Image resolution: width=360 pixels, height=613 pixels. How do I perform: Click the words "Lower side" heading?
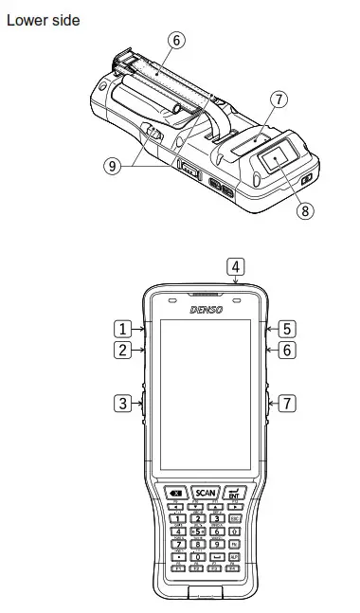pyautogui.click(x=43, y=18)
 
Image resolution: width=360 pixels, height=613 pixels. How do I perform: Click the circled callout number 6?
pyautogui.click(x=176, y=40)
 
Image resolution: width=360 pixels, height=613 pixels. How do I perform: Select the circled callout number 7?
pyautogui.click(x=278, y=99)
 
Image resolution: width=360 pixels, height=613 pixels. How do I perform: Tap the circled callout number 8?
pyautogui.click(x=305, y=211)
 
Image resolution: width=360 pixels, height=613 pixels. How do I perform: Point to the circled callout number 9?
pyautogui.click(x=113, y=164)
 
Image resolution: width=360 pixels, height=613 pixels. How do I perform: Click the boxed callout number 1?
pyautogui.click(x=123, y=329)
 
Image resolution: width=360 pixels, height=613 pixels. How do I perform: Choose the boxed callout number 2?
pyautogui.click(x=123, y=351)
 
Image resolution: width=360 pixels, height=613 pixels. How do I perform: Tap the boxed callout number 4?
pyautogui.click(x=235, y=266)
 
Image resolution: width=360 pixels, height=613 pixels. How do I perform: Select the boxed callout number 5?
pyautogui.click(x=287, y=329)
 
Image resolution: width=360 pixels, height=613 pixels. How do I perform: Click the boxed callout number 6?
pyautogui.click(x=287, y=351)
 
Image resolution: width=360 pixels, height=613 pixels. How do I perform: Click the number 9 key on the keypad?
pyautogui.click(x=216, y=544)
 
